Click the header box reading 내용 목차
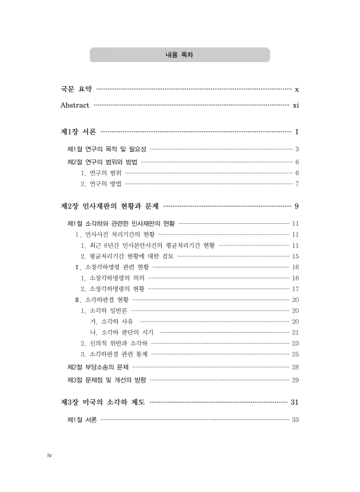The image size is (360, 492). (180, 55)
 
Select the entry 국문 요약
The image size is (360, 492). (76, 89)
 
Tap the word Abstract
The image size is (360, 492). (75, 105)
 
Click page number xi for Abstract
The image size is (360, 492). (295, 105)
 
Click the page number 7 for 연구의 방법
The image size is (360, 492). (297, 183)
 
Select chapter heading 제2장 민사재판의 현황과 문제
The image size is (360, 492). (110, 205)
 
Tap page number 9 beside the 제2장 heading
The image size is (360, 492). (297, 205)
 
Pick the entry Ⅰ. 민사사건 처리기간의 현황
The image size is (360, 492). (115, 234)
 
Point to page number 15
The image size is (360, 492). (295, 256)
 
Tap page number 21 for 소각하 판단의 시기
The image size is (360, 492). (295, 332)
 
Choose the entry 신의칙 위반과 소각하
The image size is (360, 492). (114, 343)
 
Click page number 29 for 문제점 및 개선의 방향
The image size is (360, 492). (295, 379)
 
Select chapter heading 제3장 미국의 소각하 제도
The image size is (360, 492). (103, 403)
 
